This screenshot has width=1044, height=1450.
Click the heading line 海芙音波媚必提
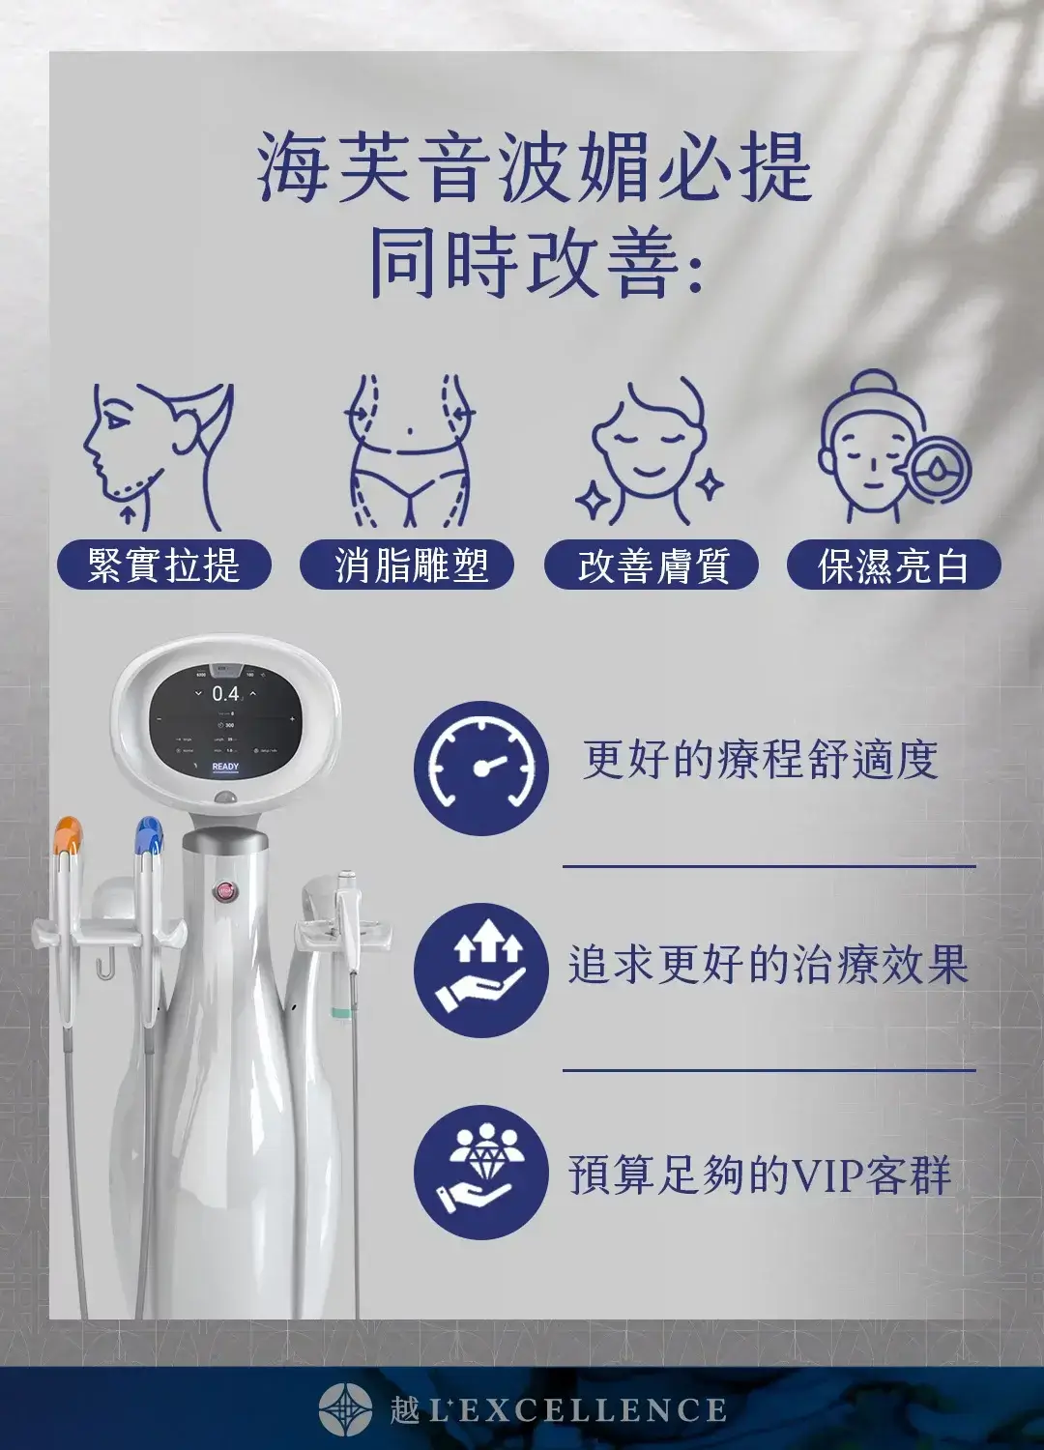[535, 168]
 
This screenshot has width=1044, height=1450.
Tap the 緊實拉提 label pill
[163, 565]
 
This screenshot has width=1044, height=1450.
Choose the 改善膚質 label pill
[652, 565]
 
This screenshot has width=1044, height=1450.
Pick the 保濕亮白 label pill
[893, 565]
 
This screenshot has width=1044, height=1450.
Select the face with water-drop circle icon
[891, 448]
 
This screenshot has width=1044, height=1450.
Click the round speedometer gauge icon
[480, 768]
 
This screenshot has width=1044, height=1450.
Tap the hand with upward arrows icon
[480, 971]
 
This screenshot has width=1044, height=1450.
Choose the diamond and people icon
[480, 1173]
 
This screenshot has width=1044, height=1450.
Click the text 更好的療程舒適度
[760, 759]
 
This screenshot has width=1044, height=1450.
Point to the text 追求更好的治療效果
[768, 965]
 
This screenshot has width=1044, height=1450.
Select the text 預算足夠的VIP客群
[760, 1174]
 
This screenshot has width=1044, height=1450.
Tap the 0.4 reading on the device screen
[225, 693]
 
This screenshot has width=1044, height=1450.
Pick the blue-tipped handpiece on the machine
[149, 837]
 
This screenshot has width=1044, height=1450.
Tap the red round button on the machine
[226, 890]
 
